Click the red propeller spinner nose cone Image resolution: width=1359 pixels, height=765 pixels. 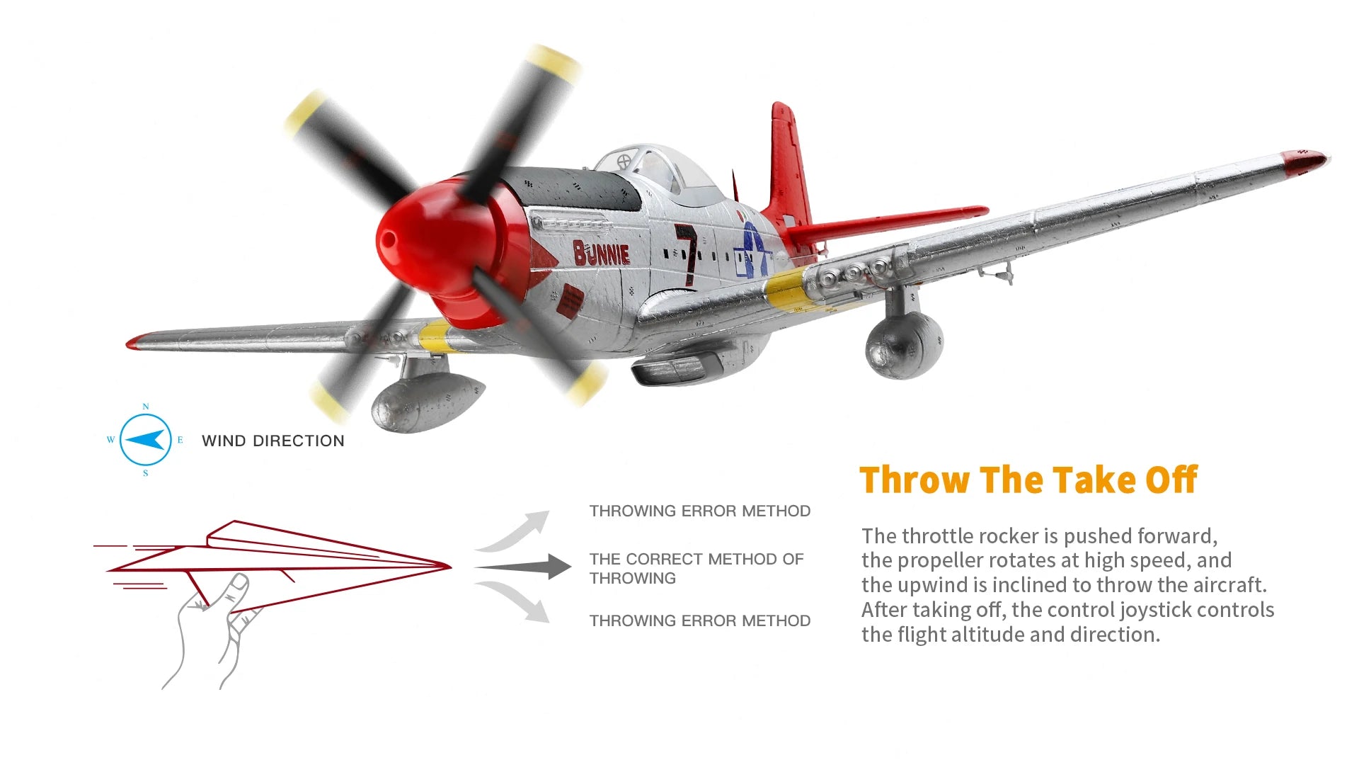[411, 234]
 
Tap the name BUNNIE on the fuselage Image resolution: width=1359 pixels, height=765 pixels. [601, 253]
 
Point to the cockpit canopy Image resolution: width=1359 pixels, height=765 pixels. [655, 166]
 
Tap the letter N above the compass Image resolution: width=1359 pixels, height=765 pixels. [146, 407]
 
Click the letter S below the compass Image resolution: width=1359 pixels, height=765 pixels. [146, 473]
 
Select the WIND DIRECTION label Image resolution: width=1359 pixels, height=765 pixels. [273, 441]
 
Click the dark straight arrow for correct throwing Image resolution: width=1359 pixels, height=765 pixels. [524, 567]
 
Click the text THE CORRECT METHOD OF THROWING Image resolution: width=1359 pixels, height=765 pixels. [696, 568]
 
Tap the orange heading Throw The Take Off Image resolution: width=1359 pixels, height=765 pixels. [1028, 480]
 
